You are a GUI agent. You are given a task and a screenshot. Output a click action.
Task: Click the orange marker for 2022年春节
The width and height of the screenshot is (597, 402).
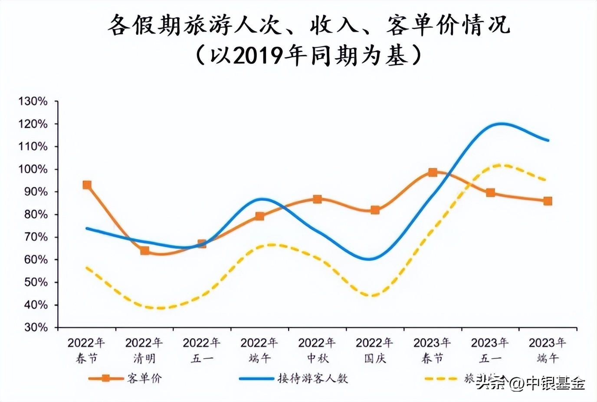(87, 185)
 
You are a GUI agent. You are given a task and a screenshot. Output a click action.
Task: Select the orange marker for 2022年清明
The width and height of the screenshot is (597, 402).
(144, 250)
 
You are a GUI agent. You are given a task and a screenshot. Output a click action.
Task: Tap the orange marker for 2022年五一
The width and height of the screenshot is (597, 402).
(202, 244)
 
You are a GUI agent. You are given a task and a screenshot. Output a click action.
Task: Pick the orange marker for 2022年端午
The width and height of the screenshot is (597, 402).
(259, 216)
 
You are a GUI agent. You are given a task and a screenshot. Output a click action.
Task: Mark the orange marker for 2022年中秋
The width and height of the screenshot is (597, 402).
(317, 199)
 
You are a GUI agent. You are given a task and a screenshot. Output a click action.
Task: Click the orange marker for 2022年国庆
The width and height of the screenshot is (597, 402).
(375, 210)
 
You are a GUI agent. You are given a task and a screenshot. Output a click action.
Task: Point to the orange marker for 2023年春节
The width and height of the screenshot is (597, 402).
(433, 172)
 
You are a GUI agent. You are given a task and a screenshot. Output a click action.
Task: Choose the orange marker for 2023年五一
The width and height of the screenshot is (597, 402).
(490, 192)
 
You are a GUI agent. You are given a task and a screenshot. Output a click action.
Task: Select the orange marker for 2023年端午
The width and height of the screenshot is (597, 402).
(548, 201)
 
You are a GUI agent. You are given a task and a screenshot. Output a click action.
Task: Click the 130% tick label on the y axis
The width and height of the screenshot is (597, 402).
(33, 102)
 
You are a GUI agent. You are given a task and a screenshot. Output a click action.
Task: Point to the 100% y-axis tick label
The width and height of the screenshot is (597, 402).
(33, 169)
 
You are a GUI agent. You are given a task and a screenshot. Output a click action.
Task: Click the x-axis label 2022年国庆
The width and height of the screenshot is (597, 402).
(375, 350)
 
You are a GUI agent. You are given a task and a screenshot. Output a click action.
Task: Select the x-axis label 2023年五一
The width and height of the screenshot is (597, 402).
(490, 350)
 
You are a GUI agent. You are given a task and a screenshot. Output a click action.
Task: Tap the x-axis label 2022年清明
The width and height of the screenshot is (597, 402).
(144, 350)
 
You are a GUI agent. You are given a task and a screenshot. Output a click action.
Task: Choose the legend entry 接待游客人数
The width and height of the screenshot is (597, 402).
(313, 378)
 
